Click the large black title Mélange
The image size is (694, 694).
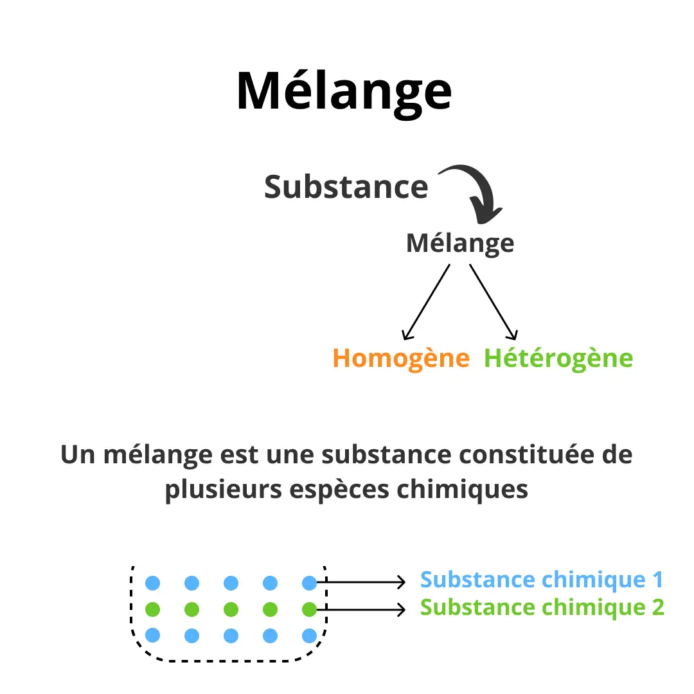pyautogui.click(x=344, y=91)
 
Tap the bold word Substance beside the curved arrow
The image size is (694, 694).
pyautogui.click(x=346, y=187)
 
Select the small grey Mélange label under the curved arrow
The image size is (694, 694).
pyautogui.click(x=460, y=244)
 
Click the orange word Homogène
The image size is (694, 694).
pyautogui.click(x=402, y=358)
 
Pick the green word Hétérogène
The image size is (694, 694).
pyautogui.click(x=558, y=358)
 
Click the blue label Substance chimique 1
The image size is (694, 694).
pyautogui.click(x=542, y=580)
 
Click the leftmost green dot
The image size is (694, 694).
pyautogui.click(x=152, y=609)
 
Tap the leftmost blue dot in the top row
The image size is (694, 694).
pyautogui.click(x=152, y=583)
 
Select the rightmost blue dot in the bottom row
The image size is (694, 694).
pyautogui.click(x=309, y=636)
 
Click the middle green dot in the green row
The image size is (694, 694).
pyautogui.click(x=231, y=609)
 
